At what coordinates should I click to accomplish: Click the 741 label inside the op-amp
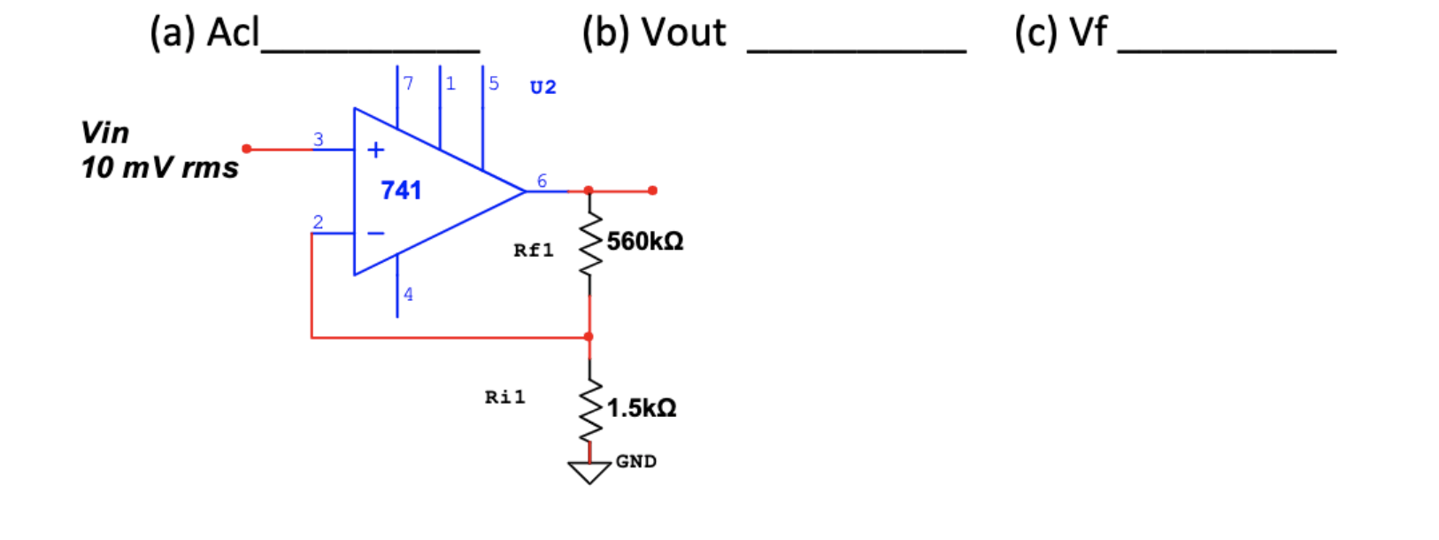pos(401,190)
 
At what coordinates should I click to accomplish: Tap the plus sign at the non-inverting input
pos(375,150)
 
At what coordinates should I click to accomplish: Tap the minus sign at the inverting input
pos(376,234)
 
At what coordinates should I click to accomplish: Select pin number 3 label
pos(319,139)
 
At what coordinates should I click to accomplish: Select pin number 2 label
pos(318,222)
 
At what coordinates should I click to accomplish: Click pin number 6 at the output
pos(542,181)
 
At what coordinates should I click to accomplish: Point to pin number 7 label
pos(408,83)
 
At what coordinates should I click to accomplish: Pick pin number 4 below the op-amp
pos(408,294)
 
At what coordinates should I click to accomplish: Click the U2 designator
pos(543,87)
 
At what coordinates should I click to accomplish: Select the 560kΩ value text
pos(644,242)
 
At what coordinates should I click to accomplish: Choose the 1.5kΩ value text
pos(641,408)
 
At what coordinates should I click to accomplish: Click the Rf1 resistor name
pos(534,251)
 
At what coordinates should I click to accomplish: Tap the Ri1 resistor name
pos(504,397)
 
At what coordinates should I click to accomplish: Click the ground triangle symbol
pos(589,473)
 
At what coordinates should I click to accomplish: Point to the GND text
pos(635,461)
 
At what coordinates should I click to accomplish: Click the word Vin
pos(104,133)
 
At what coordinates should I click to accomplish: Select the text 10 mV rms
pos(159,167)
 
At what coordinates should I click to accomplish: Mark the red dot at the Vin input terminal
pos(247,149)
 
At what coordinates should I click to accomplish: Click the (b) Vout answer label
pos(654,33)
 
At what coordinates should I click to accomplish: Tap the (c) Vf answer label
pos(1060,33)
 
